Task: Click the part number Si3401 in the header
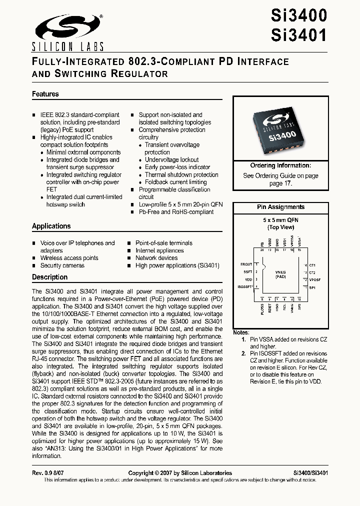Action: click(299, 35)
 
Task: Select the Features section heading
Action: click(45, 94)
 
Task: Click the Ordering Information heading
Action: click(280, 165)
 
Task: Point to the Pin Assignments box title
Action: click(280, 207)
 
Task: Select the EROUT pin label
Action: click(246, 264)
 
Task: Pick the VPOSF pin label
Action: click(315, 279)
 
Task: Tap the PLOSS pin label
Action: click(262, 309)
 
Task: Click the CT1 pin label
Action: click(312, 265)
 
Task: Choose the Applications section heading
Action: click(51, 226)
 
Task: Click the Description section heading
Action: click(49, 277)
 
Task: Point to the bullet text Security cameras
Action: click(62, 265)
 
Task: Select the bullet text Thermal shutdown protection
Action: click(181, 174)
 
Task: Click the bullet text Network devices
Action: click(156, 258)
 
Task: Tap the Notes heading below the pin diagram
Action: click(241, 332)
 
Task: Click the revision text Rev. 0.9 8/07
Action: click(48, 473)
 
